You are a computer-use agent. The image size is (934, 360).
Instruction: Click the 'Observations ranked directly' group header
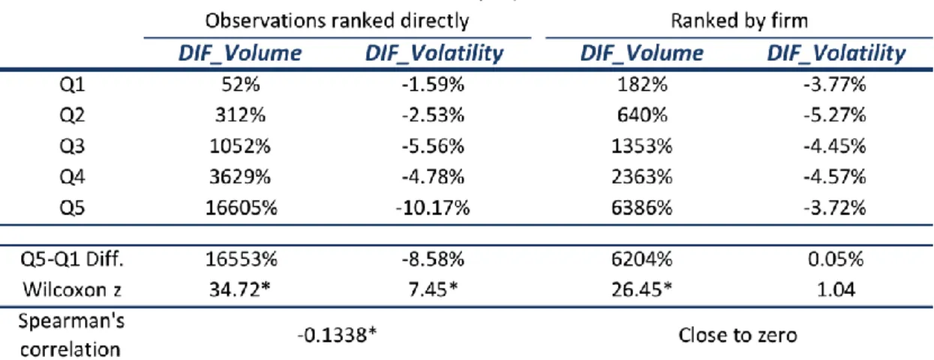click(x=337, y=21)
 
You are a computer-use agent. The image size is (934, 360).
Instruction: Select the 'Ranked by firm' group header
click(x=739, y=20)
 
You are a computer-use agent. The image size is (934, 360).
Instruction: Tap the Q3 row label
click(x=72, y=146)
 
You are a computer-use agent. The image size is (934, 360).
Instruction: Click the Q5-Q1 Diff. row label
click(x=72, y=259)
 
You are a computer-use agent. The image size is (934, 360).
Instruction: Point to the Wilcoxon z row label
click(x=72, y=289)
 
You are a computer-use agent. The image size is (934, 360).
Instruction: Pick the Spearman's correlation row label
click(x=71, y=335)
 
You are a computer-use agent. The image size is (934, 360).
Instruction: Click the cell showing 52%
click(x=241, y=85)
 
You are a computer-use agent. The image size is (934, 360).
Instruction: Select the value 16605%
click(x=241, y=208)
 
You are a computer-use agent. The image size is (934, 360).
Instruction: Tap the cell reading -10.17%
click(x=433, y=208)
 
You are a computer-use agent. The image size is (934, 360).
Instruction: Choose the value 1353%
click(x=641, y=146)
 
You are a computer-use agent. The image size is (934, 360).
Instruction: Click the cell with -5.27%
click(x=835, y=115)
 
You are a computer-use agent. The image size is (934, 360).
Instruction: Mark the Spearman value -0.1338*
click(x=337, y=334)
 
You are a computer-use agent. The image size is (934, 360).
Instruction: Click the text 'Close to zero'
click(x=737, y=335)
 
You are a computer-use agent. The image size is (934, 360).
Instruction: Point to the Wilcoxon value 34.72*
click(x=240, y=289)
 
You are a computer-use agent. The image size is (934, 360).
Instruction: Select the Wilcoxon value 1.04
click(x=836, y=289)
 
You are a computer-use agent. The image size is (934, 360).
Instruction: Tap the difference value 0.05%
click(x=836, y=259)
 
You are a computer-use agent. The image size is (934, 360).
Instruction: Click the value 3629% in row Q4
click(x=240, y=177)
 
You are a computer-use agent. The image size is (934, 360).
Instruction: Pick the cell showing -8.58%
click(x=433, y=259)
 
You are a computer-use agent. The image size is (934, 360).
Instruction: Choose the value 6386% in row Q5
click(x=641, y=208)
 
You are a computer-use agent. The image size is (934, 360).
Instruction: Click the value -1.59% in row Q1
click(x=433, y=85)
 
